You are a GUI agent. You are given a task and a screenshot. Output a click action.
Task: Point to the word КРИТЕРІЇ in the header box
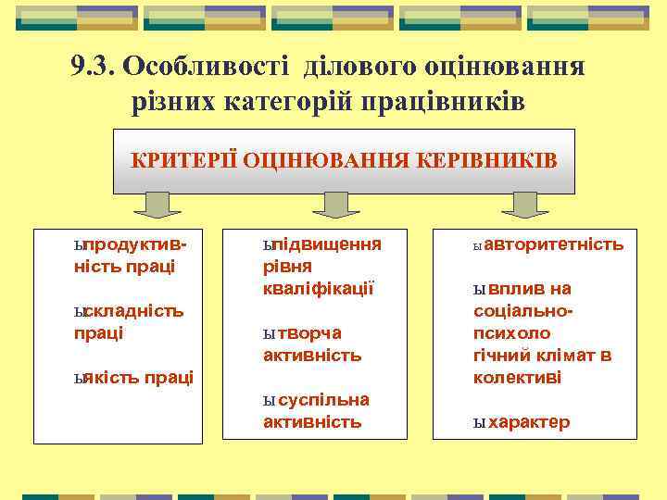tap(183, 160)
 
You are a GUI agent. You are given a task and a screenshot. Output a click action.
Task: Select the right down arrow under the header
tap(532, 205)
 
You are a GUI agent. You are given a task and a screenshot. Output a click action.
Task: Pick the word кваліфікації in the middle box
tap(318, 288)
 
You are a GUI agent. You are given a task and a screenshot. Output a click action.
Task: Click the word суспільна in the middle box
tap(322, 400)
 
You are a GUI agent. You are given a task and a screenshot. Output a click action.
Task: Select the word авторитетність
tap(553, 245)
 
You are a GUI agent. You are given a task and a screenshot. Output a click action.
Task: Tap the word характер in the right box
tap(529, 422)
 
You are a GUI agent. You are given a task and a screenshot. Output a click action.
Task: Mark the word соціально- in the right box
tap(524, 311)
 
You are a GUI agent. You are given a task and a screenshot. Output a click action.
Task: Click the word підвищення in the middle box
tap(325, 245)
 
